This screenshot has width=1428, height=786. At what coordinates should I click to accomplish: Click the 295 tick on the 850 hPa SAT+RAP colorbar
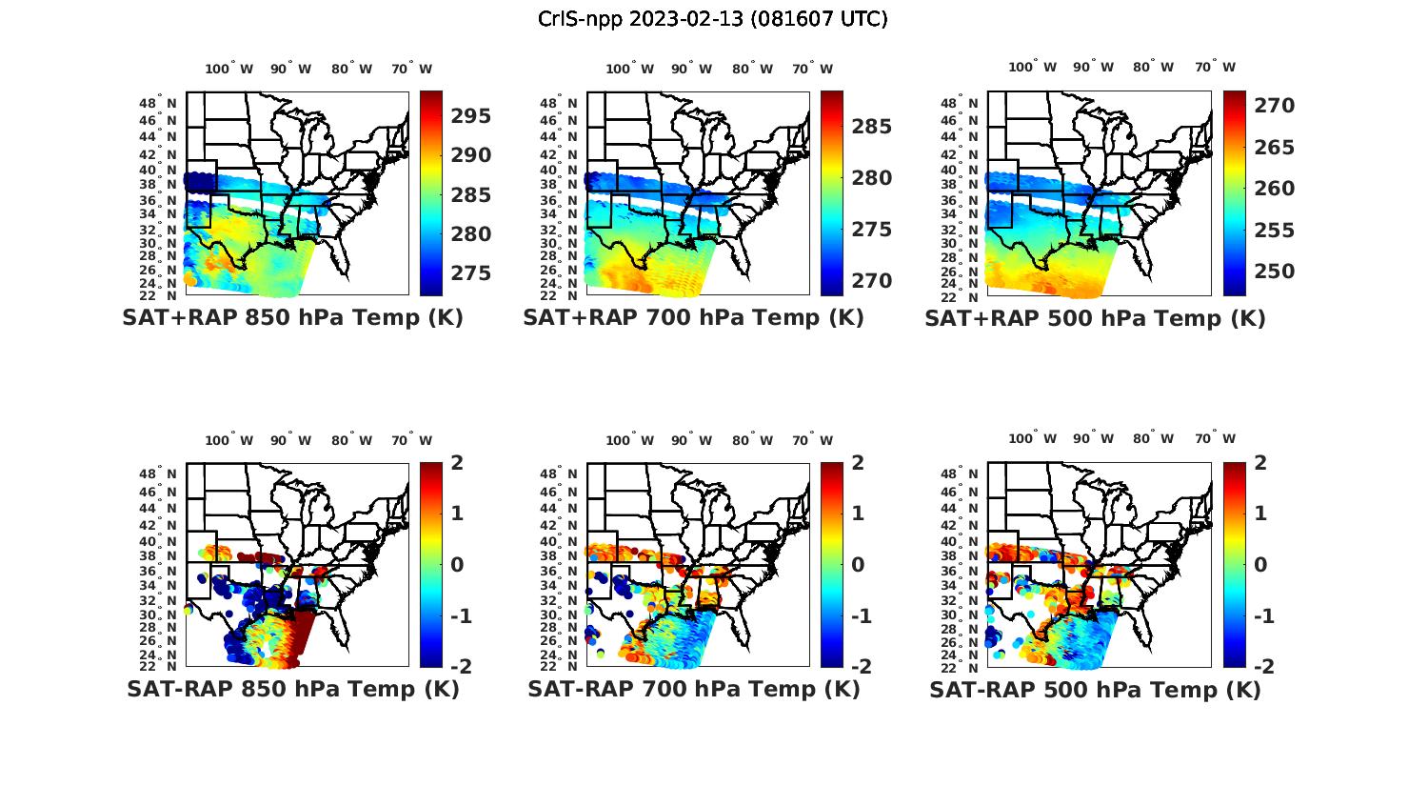click(x=471, y=116)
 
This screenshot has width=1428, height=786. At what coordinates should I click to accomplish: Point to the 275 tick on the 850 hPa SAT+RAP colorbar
click(x=471, y=273)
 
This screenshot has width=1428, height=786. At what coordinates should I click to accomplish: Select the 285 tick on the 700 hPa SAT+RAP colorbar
click(x=872, y=127)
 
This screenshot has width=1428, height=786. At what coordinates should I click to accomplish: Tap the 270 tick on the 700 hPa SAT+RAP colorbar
click(x=872, y=281)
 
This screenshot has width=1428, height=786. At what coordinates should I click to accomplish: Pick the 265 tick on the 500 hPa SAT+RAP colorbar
click(x=1274, y=148)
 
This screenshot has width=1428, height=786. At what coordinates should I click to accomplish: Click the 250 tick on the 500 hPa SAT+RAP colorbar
click(x=1274, y=272)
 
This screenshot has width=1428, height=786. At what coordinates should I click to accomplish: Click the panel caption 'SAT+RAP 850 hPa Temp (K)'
click(x=292, y=318)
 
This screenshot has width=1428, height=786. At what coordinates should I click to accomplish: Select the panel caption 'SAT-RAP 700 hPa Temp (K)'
click(x=694, y=689)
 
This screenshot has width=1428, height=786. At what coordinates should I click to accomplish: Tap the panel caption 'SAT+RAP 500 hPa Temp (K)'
click(x=1095, y=319)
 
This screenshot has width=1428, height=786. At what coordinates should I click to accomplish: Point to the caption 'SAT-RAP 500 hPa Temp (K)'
click(x=1095, y=690)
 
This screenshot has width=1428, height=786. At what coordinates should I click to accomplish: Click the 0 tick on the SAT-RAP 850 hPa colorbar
click(x=458, y=565)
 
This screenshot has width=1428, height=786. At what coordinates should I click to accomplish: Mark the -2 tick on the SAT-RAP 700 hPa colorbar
click(x=860, y=667)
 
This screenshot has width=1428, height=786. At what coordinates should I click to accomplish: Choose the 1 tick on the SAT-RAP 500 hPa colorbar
click(x=1260, y=514)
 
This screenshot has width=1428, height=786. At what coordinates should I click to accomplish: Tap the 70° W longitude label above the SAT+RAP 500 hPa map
click(x=1215, y=67)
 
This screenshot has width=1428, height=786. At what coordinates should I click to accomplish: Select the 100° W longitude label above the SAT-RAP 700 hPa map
click(x=629, y=440)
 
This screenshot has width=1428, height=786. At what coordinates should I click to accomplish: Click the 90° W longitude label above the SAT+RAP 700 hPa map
click(x=691, y=69)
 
